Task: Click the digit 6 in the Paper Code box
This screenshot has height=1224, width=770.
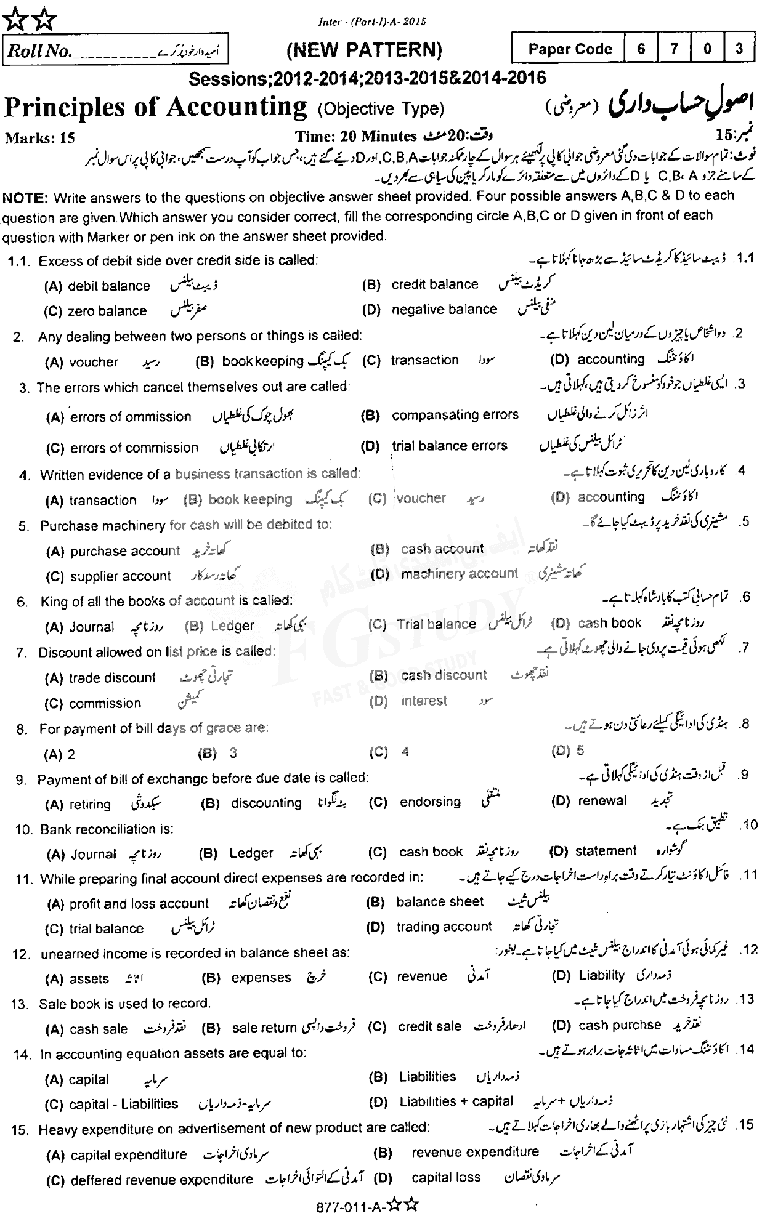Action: pyautogui.click(x=641, y=49)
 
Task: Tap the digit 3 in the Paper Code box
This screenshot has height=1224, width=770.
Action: pyautogui.click(x=739, y=49)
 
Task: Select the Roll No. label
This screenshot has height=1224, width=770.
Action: pyautogui.click(x=38, y=52)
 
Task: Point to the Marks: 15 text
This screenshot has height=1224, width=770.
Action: pyautogui.click(x=39, y=137)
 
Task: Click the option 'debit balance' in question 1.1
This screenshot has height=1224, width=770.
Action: pyautogui.click(x=109, y=286)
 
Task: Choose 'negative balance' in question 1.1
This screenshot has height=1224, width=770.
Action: pyautogui.click(x=444, y=309)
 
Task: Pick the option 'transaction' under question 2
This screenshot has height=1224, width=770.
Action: pyautogui.click(x=424, y=360)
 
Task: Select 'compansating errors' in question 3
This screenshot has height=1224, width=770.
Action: pyautogui.click(x=455, y=415)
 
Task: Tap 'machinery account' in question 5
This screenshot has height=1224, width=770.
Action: pyautogui.click(x=460, y=574)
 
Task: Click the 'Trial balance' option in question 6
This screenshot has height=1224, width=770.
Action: pyautogui.click(x=436, y=624)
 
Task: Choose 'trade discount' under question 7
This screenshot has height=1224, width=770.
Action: pyautogui.click(x=112, y=678)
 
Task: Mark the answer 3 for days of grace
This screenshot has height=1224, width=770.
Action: pyautogui.click(x=233, y=753)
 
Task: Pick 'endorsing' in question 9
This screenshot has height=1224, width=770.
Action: pyautogui.click(x=430, y=802)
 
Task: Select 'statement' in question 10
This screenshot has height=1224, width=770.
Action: pyautogui.click(x=606, y=851)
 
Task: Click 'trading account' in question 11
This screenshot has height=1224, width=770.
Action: pyautogui.click(x=444, y=927)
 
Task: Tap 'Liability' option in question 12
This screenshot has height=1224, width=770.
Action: pyautogui.click(x=601, y=976)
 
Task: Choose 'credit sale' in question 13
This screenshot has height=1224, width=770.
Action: pyautogui.click(x=429, y=1026)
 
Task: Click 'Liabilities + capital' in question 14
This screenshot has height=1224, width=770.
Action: pyautogui.click(x=456, y=1101)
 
